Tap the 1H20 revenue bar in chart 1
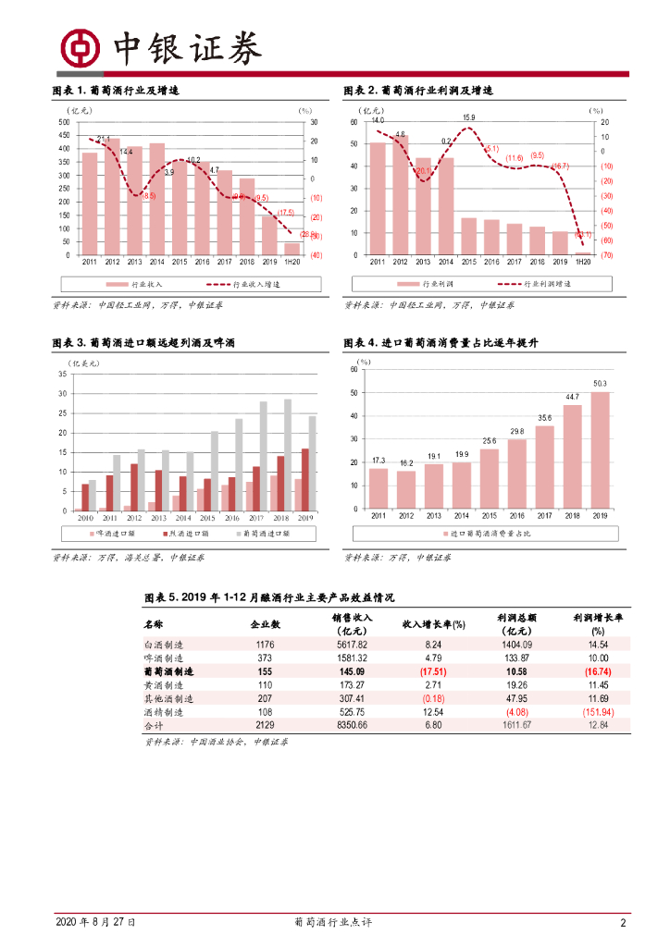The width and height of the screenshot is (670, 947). (292, 249)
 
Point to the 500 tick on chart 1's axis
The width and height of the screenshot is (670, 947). (64, 122)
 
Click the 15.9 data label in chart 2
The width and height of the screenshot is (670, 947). (469, 117)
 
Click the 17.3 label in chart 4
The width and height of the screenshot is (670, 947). (378, 460)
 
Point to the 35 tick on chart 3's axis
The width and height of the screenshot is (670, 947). (62, 374)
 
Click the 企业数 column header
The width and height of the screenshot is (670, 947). (265, 623)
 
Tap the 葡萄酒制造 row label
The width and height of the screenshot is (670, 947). (171, 671)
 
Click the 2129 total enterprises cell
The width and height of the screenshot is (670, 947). (265, 726)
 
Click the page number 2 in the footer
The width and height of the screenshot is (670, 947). (623, 922)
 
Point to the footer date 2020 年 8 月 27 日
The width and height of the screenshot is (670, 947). (96, 922)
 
